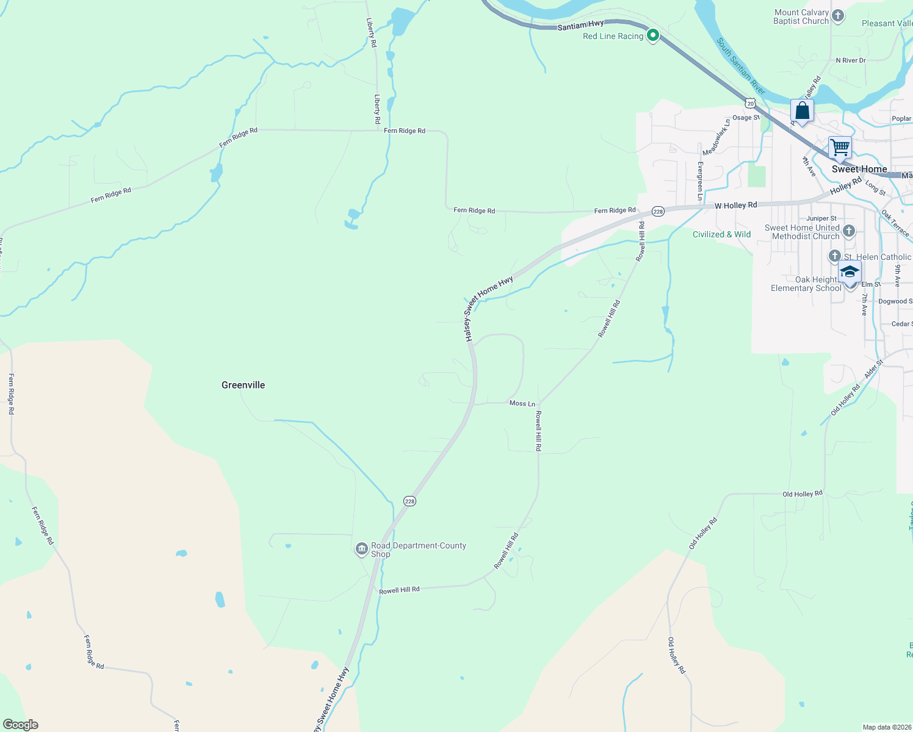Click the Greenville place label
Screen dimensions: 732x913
243,385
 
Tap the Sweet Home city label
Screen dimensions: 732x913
859,169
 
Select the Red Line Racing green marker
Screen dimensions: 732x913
653,35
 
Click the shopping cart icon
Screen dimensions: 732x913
840,147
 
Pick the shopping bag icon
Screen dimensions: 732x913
802,111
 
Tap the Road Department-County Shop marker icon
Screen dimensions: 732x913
362,549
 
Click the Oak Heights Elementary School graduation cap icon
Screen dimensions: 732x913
850,271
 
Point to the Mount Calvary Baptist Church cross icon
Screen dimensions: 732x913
839,16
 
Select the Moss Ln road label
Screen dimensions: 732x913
522,403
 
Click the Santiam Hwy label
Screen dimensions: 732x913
580,25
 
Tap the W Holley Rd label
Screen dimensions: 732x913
735,206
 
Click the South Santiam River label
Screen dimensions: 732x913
740,66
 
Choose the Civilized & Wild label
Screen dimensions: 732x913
721,234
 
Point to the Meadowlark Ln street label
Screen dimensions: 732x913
716,137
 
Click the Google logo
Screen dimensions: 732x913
20,725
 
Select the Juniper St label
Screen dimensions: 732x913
821,218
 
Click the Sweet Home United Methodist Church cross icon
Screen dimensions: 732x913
849,231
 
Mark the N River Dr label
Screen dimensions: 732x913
851,60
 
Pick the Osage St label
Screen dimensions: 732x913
746,118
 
